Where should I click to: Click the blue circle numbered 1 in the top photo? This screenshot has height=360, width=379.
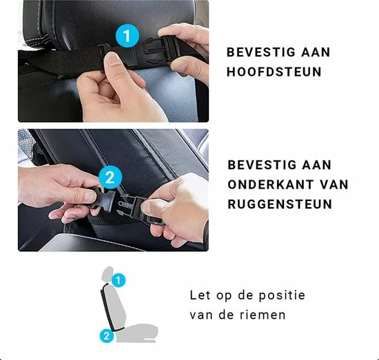coord(127,36)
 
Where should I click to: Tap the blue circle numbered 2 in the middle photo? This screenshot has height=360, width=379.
coord(110,178)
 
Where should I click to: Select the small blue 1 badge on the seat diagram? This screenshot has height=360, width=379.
coord(119,280)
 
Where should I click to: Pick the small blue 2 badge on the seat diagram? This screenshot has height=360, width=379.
coord(107,335)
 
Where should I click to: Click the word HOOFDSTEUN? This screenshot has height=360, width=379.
coord(274,72)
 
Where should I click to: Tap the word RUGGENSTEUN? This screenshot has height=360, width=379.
coord(280,204)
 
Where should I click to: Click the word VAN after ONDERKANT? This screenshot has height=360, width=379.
coord(334,184)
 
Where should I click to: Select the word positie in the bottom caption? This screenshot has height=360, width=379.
coord(282,296)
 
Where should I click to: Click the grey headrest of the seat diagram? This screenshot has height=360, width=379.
coord(108,274)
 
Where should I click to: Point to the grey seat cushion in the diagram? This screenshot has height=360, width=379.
coord(136,333)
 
